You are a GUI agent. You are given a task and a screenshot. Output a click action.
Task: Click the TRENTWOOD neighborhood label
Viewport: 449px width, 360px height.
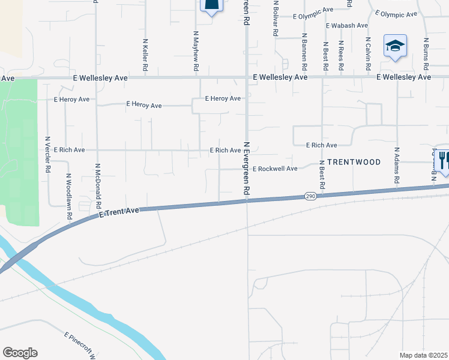pos(354,162)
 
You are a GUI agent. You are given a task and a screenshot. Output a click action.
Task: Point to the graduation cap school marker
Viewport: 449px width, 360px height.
pos(395,46)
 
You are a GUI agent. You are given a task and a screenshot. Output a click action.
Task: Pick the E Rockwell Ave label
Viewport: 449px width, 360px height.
pos(275,169)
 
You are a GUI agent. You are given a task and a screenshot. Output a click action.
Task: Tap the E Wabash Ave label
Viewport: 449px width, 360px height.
pos(347,26)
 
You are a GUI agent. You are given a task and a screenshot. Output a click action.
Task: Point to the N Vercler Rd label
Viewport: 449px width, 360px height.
pos(47,155)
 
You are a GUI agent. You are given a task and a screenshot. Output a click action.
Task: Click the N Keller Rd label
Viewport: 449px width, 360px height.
pos(145,54)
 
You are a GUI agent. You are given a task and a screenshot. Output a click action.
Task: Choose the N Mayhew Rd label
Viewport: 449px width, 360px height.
pos(196,50)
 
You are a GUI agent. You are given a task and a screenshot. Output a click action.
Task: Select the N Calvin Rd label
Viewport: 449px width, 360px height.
pos(368,53)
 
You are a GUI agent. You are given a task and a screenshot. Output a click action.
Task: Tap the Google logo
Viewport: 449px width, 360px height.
pos(20,353)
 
